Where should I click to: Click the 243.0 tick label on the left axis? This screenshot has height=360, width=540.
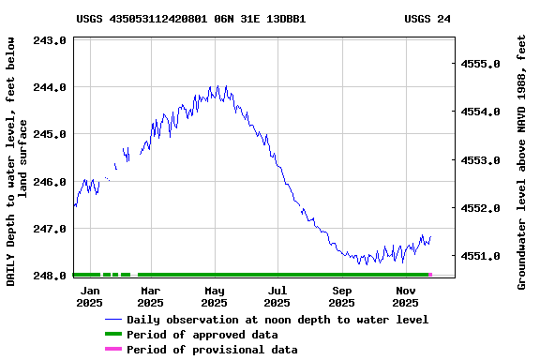tap(49, 40)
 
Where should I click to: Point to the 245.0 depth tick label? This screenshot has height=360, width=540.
tap(49, 134)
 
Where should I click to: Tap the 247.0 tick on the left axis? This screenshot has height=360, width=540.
tap(49, 229)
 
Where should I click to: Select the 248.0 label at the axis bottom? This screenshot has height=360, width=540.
tap(49, 276)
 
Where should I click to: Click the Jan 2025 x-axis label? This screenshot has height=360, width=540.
tap(89, 296)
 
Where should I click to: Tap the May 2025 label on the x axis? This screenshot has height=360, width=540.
tap(215, 296)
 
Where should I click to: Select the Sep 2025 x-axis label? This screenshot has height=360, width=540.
tap(342, 296)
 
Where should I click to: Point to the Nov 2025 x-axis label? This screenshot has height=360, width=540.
tap(405, 296)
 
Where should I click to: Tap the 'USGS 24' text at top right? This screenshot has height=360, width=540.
tap(427, 18)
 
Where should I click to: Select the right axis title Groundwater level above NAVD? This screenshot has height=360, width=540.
tap(522, 161)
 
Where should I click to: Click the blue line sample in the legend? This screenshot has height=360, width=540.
tap(113, 320)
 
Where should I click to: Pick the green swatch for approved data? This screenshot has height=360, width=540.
tap(113, 335)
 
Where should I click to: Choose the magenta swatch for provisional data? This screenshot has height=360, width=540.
tap(113, 350)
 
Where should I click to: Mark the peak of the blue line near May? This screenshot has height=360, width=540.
tap(217, 86)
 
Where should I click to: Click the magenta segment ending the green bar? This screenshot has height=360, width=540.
tap(430, 275)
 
